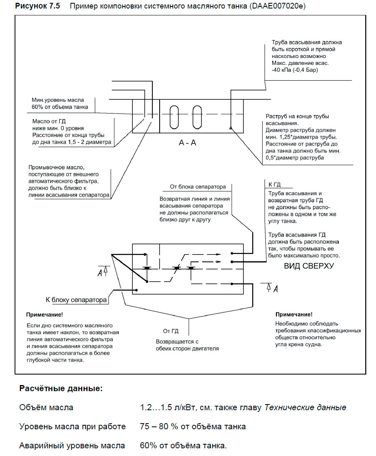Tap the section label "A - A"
[187, 143]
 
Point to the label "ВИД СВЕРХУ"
[309, 266]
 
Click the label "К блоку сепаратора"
[76, 300]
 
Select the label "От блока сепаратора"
[198, 187]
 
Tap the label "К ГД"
[275, 185]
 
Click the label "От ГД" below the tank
[171, 331]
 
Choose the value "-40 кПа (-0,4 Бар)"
[295, 70]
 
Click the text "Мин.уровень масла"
[58, 100]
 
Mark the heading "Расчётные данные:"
[61, 388]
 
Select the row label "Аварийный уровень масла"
[72, 445]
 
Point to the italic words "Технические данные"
[305, 407]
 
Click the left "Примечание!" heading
[45, 315]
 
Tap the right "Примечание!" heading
[294, 315]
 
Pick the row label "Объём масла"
[46, 407]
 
